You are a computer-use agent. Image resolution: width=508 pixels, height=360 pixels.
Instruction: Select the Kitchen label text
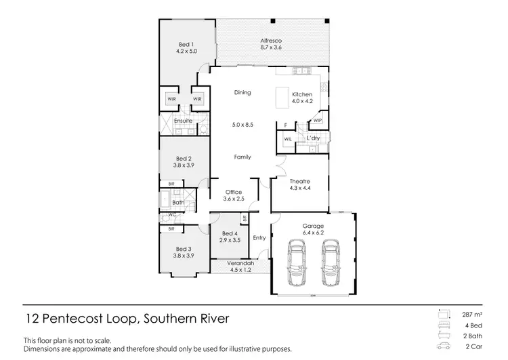click(x=301, y=94)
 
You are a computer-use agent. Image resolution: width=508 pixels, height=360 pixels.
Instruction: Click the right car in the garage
click(x=330, y=264)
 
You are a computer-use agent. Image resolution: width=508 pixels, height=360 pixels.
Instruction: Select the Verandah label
click(x=240, y=262)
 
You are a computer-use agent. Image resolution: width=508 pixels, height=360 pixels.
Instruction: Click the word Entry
click(x=259, y=238)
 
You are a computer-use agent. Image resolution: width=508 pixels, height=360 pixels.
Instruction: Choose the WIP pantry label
click(x=317, y=121)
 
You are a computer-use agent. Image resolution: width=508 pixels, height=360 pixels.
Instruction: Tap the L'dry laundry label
click(x=313, y=138)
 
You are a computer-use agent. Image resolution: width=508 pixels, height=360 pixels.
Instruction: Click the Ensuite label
click(x=184, y=121)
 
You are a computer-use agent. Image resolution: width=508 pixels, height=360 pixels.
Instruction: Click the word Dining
click(x=242, y=92)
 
